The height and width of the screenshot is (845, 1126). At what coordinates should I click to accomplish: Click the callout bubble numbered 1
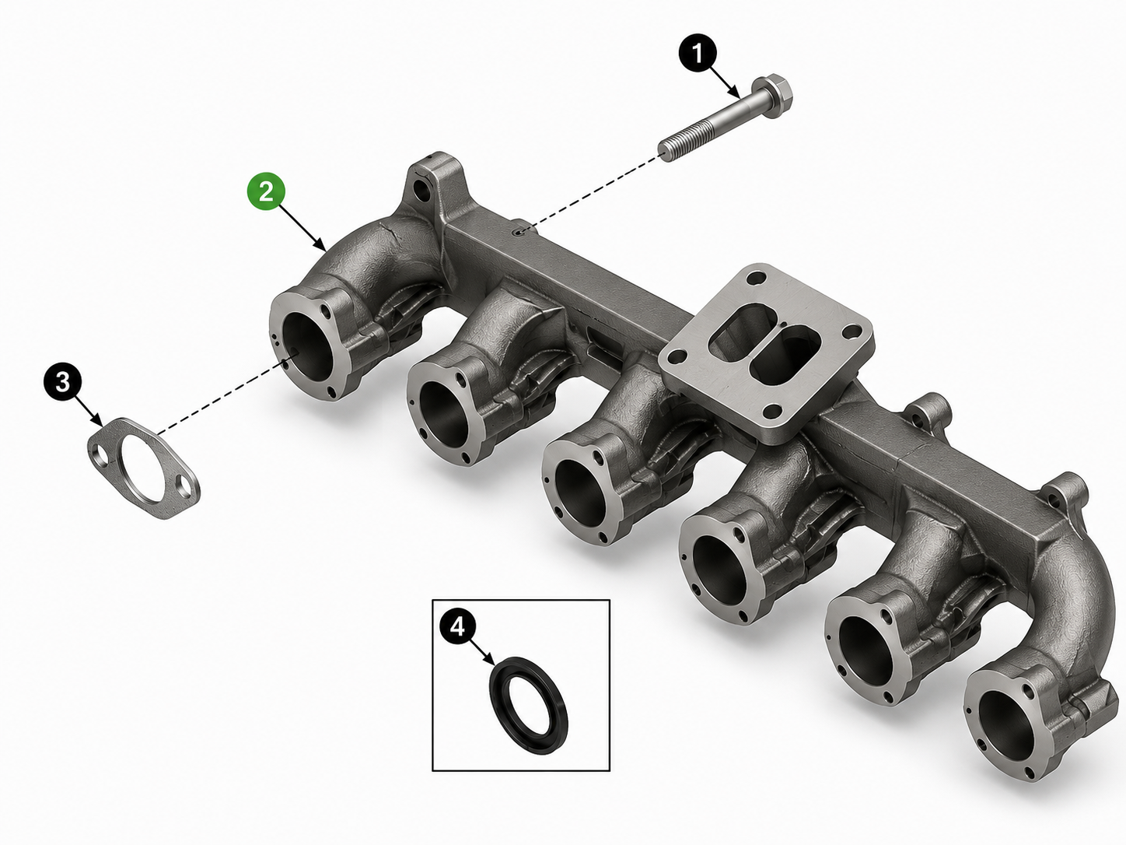click(698, 54)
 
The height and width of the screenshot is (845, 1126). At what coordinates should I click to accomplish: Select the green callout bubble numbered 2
click(266, 192)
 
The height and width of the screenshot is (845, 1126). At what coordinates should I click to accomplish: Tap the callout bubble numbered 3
click(62, 382)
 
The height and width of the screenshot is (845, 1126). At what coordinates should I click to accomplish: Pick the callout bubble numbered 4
click(458, 626)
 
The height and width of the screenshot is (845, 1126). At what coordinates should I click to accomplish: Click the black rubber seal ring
click(529, 706)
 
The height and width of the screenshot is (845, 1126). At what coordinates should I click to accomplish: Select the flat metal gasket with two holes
click(144, 468)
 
